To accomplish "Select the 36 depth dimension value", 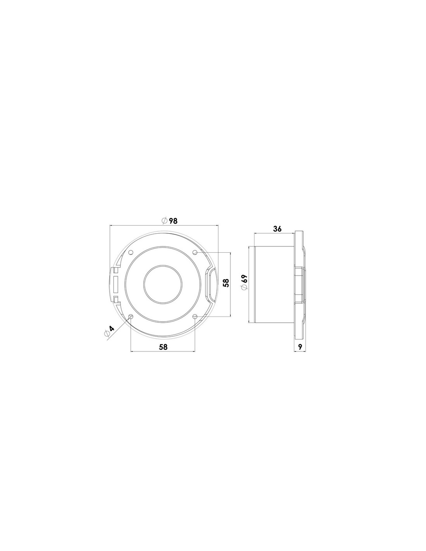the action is pos(277,229).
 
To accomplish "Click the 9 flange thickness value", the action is pos(300,347).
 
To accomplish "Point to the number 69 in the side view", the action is pos(244,279).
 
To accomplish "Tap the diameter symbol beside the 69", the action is pos(244,287).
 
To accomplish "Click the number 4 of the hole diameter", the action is pos(112,329).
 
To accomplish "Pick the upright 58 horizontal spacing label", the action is pos(163,347).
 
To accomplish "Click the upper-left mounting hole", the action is pos(131,252).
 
